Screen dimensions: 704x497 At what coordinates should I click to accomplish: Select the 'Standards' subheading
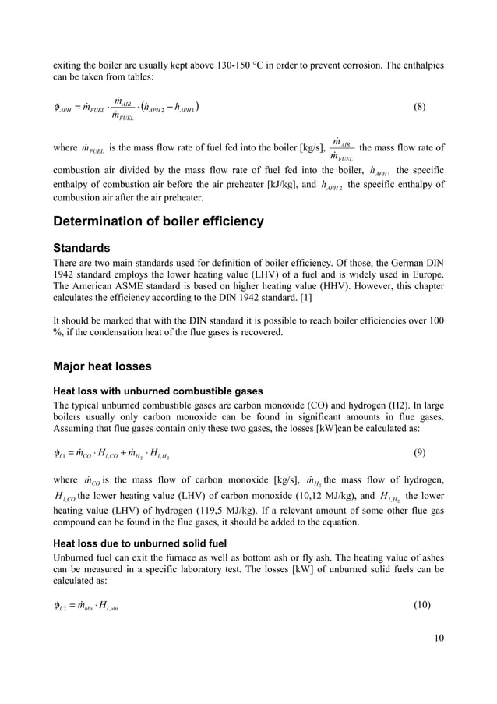click(82, 248)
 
